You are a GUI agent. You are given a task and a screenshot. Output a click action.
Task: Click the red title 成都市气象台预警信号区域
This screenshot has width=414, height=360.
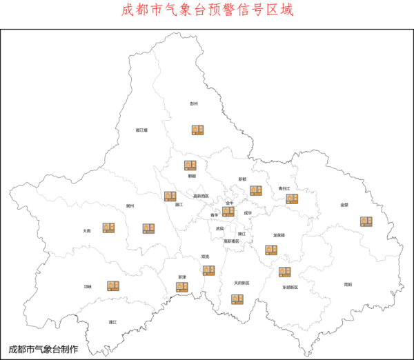207,10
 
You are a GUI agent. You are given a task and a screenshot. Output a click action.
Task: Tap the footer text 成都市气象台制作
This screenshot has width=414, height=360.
43,349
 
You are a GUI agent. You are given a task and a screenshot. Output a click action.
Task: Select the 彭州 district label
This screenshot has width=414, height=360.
194,103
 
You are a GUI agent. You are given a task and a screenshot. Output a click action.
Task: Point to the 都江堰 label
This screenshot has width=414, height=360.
142,130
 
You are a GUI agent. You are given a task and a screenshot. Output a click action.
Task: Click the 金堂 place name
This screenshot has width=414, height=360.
344,205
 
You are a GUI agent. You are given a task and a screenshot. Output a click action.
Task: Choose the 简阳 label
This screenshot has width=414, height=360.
348,283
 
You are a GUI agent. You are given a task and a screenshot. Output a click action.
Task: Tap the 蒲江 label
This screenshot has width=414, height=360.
112,322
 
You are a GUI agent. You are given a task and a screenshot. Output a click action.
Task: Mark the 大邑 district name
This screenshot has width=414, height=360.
86,231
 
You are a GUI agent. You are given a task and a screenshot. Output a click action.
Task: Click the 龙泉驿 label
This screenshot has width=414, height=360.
279,234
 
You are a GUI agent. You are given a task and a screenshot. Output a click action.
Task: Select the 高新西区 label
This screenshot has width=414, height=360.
201,196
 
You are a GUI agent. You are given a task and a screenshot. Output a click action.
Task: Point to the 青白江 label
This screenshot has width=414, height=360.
284,188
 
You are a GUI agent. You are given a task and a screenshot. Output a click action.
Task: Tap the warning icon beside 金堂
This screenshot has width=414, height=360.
366,221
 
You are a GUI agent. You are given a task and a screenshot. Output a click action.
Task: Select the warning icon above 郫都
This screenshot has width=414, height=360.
190,165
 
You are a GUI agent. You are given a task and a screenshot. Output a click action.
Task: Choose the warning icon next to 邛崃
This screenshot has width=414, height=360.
113,285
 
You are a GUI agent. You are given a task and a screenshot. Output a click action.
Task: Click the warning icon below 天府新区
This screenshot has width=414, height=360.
237,299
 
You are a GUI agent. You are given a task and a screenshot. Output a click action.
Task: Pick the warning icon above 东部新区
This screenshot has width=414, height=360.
284,271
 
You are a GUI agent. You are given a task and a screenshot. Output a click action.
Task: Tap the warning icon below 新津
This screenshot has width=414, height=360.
181,286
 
